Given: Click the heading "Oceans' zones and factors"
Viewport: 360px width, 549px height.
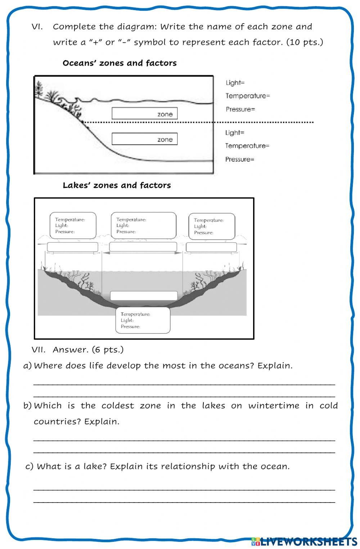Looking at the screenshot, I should (x=120, y=63).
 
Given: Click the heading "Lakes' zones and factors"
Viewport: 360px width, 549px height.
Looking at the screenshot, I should (x=117, y=185).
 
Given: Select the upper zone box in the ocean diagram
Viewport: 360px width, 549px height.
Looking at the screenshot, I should (x=144, y=114).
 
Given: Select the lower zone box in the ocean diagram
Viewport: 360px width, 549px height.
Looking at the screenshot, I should (x=144, y=139).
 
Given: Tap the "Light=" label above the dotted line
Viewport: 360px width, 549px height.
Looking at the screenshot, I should (x=235, y=83).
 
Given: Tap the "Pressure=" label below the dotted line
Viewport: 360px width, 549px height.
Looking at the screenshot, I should (x=240, y=159).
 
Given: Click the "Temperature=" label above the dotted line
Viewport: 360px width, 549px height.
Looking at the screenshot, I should (x=248, y=96).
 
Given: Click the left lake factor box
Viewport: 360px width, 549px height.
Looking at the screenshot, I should (x=73, y=226).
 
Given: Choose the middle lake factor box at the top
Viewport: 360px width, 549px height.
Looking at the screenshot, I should (x=143, y=225).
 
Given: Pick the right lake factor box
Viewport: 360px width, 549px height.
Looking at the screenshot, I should (x=212, y=226).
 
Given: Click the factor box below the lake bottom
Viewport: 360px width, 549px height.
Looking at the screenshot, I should (x=143, y=320).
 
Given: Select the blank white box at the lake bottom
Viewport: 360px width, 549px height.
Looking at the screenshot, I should (x=144, y=296).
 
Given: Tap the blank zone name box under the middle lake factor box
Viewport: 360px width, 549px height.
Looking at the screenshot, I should (x=143, y=247).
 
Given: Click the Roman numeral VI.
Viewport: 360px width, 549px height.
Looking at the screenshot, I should (x=37, y=27).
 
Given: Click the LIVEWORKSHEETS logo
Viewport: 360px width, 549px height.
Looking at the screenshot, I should (x=304, y=541).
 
